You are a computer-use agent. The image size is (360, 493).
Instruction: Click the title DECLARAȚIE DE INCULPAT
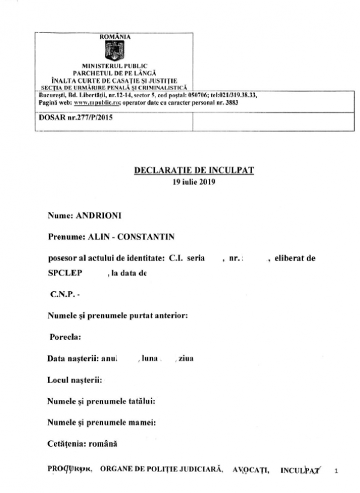coord(194,171)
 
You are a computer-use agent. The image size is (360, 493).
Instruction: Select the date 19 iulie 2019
coord(194,181)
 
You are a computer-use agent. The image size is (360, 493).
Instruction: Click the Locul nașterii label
coord(73,380)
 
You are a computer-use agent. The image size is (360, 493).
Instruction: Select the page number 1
coord(335,470)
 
